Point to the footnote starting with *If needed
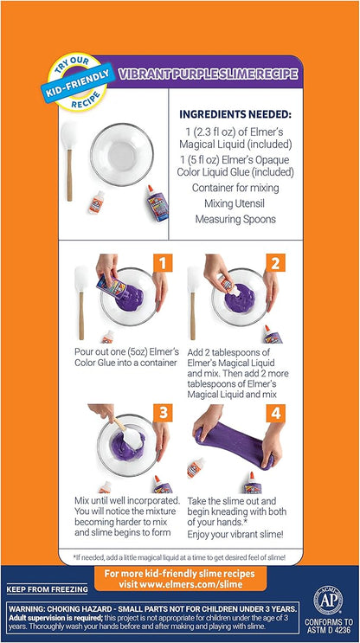tap(179, 558)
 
